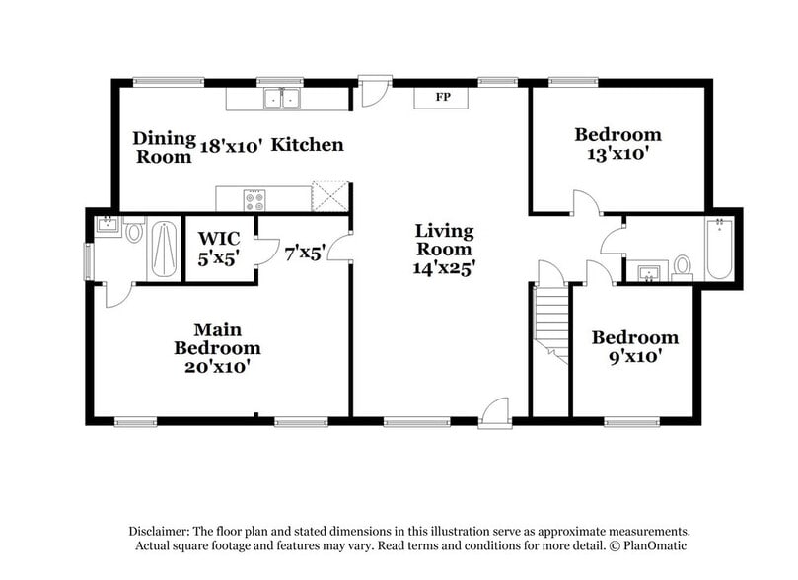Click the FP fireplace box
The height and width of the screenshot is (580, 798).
click(440, 99)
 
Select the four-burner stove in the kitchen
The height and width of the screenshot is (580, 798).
click(254, 199)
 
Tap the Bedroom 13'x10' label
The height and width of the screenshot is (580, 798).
click(618, 144)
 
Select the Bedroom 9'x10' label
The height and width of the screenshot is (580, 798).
click(634, 347)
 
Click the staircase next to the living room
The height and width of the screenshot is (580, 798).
click(550, 322)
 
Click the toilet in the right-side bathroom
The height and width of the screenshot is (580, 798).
click(682, 267)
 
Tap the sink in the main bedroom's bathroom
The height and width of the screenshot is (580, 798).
click(107, 228)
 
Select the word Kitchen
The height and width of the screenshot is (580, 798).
click(308, 145)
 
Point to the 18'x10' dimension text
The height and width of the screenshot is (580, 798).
click(232, 146)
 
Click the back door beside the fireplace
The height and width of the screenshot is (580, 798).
click(373, 92)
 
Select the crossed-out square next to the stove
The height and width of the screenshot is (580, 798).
click(330, 195)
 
